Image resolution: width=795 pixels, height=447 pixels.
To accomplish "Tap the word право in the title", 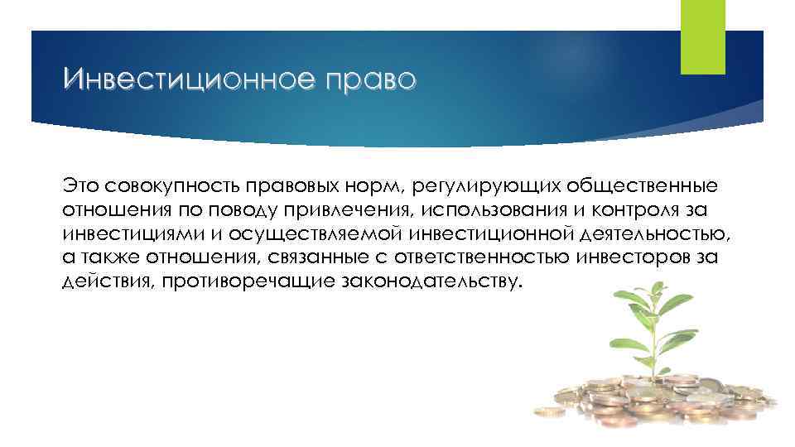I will tap(365, 81).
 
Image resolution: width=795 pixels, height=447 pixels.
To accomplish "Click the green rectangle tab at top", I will tap(701, 37).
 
